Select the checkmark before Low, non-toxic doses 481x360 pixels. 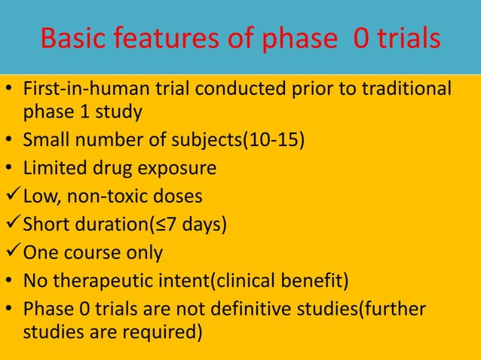point(12,197)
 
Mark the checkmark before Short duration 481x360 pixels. point(12,224)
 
